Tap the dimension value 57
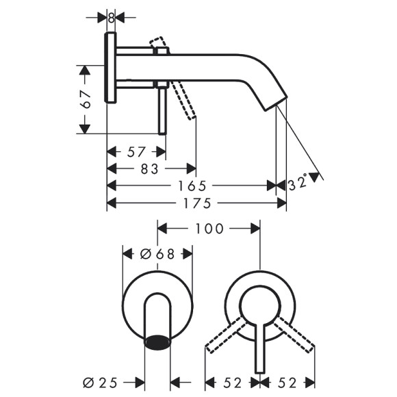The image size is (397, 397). pos(136,151)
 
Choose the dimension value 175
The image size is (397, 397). pos(196,203)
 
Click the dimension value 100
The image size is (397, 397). pos(209,228)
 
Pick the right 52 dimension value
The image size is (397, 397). pos(288,382)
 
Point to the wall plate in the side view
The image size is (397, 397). pos(111,67)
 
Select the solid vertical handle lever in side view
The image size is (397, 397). pos(162,110)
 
